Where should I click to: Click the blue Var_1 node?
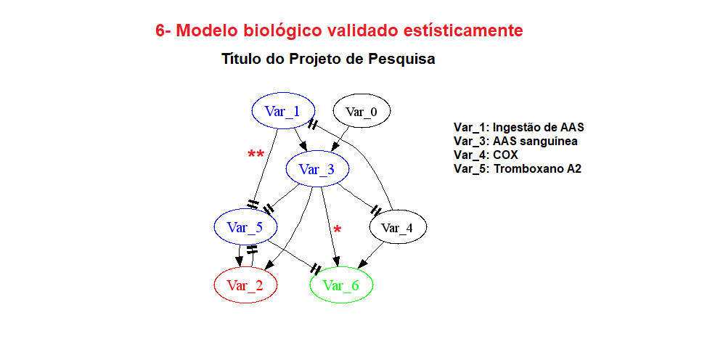tap(283, 110)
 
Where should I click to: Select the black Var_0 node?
tap(362, 111)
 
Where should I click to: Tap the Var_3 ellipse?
tap(317, 168)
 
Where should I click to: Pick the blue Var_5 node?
tap(245, 226)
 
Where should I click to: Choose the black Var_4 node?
tap(398, 226)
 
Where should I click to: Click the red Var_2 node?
tap(245, 285)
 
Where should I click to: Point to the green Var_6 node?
tap(341, 285)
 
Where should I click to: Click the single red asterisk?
tap(338, 229)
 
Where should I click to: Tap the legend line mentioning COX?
tap(486, 155)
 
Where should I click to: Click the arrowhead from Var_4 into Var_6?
tap(363, 263)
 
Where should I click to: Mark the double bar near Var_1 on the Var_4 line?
tap(313, 124)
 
